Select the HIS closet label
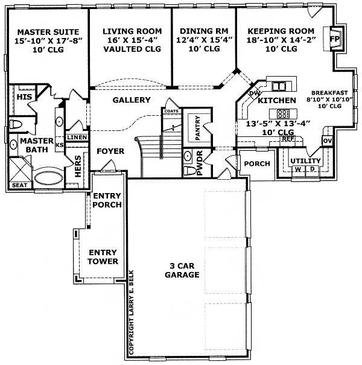pyautogui.click(x=24, y=97)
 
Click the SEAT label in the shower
pyautogui.click(x=19, y=185)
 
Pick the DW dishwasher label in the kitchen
pyautogui.click(x=254, y=94)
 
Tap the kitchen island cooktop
pyautogui.click(x=282, y=113)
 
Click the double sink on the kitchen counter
pyautogui.click(x=278, y=85)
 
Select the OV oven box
pyautogui.click(x=328, y=141)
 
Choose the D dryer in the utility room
pyautogui.click(x=312, y=170)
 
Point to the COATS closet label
pyautogui.click(x=171, y=110)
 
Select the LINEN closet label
pyautogui.click(x=77, y=138)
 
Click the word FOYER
pyautogui.click(x=110, y=151)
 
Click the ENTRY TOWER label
pyautogui.click(x=103, y=257)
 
